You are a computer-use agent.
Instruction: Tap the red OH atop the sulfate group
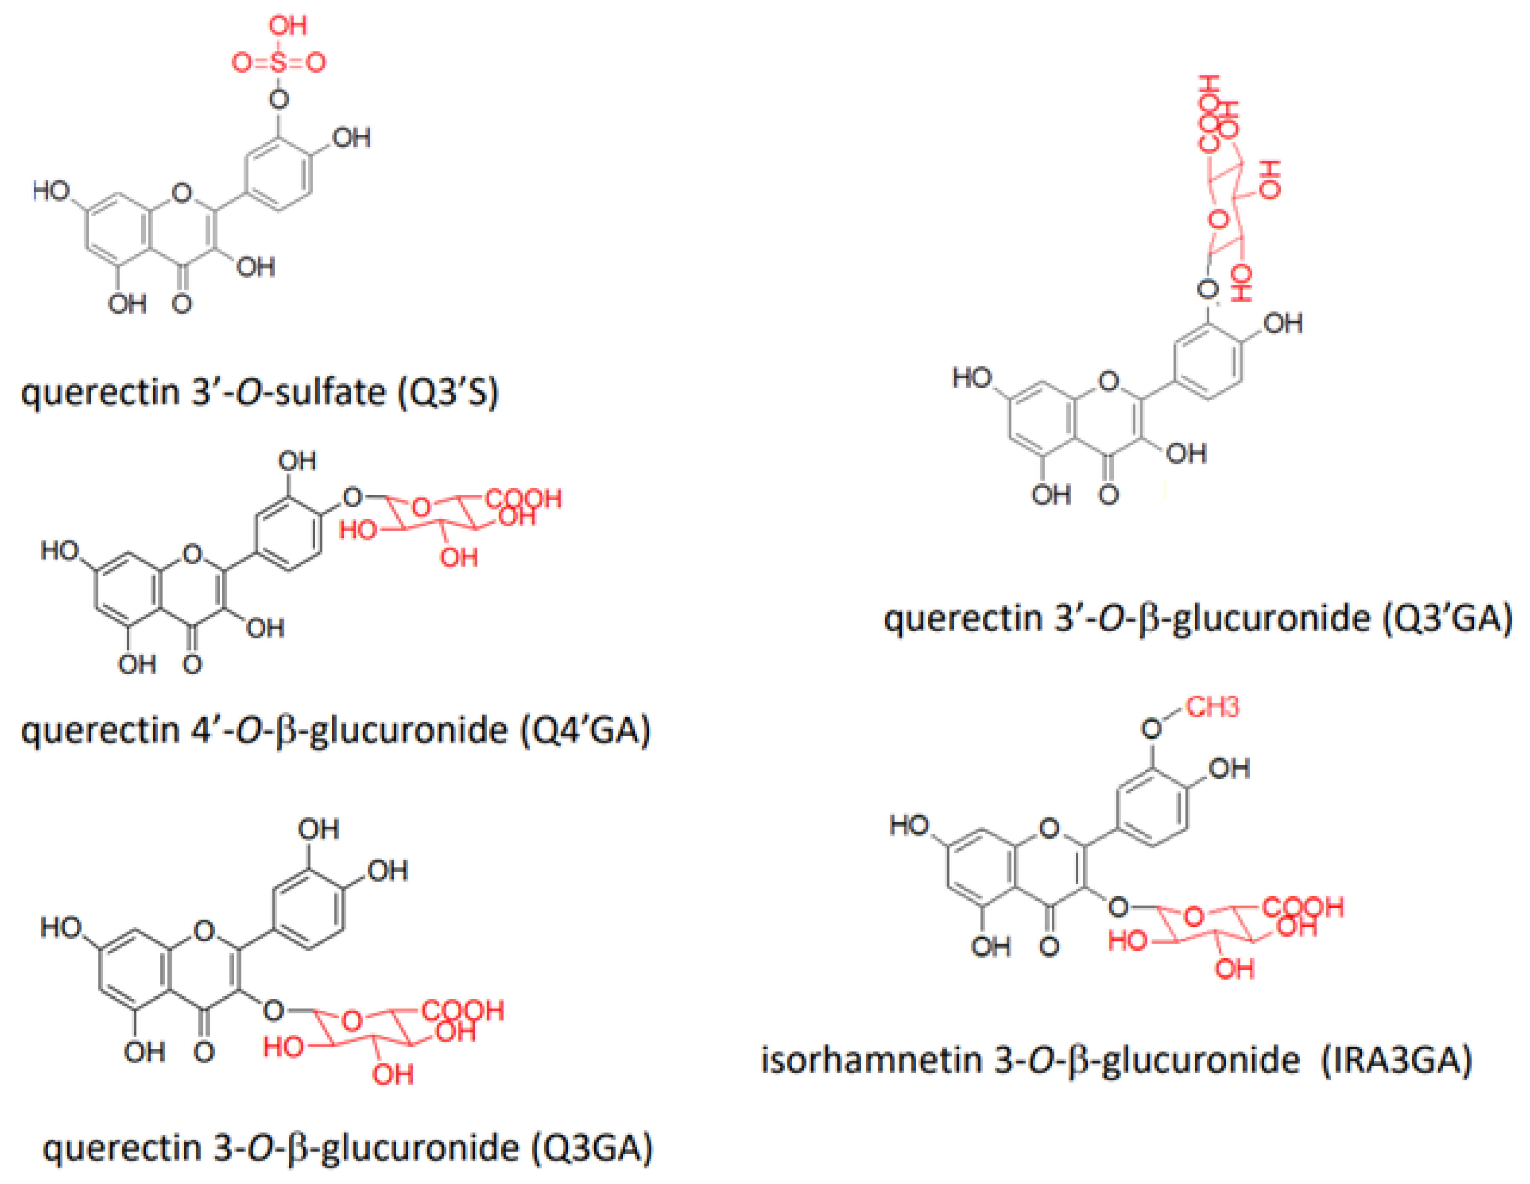click(288, 26)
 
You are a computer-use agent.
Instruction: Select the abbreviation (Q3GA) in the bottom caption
click(592, 1148)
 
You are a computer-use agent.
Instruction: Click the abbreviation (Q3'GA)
click(1448, 618)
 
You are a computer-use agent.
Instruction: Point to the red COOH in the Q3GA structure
click(463, 1011)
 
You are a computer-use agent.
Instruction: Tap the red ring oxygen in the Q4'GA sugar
click(421, 507)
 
